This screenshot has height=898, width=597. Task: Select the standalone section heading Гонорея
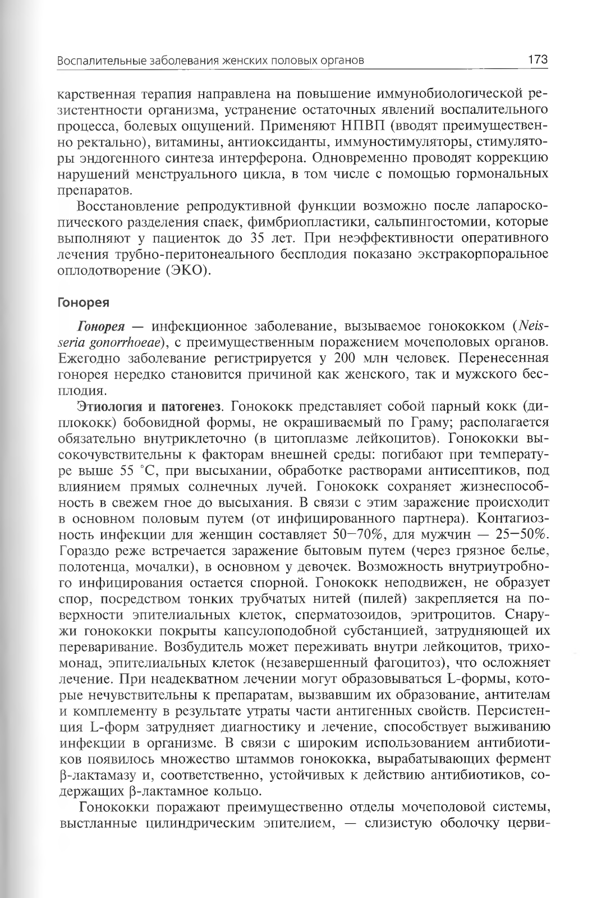tap(83, 303)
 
